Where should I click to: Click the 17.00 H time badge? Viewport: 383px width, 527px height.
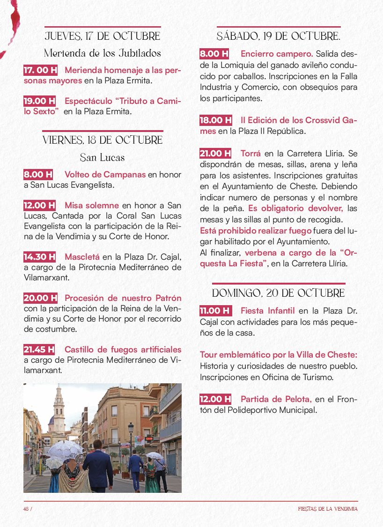coord(41,70)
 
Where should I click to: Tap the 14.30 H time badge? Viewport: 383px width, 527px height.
coord(40,256)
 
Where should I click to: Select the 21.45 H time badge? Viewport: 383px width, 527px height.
coord(39,349)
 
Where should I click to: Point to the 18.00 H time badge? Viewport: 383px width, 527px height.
coord(216,120)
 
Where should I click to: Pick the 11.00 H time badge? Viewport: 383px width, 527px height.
coord(215,310)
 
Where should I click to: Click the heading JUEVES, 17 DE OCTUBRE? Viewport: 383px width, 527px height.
coord(103,36)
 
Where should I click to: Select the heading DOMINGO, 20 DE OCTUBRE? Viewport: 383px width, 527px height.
coord(279,293)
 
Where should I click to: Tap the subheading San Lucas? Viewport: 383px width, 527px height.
coord(102,157)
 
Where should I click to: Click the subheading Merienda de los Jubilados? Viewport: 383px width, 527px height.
coord(103,53)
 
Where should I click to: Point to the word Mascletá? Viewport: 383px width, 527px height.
coord(82,256)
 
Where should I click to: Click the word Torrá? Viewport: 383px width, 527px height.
coord(250,153)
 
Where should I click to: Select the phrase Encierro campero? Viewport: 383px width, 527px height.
coord(277,54)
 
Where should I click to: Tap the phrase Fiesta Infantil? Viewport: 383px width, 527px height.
coord(267,310)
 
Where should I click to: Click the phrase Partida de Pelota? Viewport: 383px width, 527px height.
coord(276,399)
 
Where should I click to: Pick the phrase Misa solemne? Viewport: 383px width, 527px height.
coord(91,205)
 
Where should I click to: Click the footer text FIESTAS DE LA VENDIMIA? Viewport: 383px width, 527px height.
coord(328,509)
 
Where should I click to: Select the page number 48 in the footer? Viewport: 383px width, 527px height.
coord(26,509)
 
